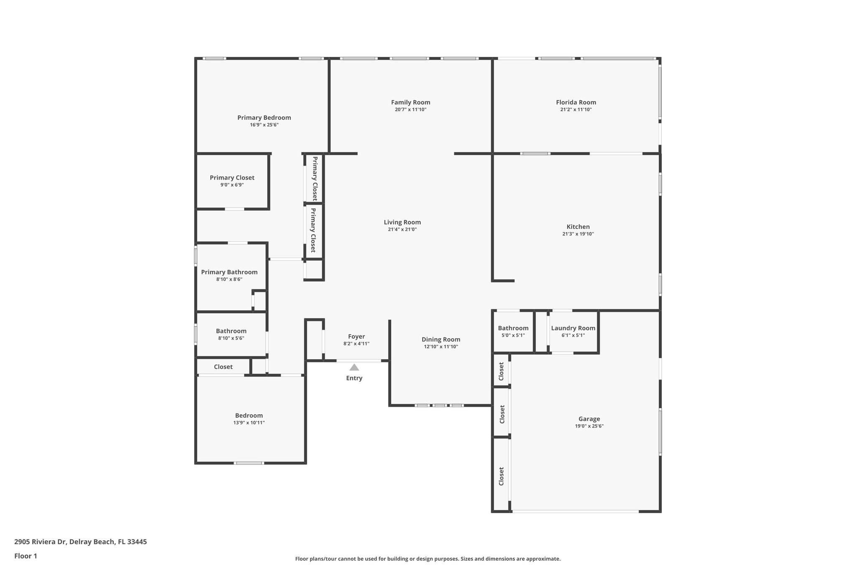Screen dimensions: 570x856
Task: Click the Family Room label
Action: pos(410,102)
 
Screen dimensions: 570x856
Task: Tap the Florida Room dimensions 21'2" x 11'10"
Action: pos(576,110)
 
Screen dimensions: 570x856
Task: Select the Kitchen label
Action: pos(578,227)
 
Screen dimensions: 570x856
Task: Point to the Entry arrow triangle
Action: pos(354,367)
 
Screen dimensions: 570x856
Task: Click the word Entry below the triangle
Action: pos(354,378)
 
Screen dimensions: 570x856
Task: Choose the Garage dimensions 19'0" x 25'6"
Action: pos(589,426)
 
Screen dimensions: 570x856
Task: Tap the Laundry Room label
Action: pos(573,328)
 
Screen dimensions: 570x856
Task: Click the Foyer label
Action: pos(356,337)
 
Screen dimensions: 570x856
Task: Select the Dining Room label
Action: pos(441,339)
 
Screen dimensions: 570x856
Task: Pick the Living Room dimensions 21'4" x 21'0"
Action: pos(402,230)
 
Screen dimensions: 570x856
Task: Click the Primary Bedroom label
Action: pos(264,118)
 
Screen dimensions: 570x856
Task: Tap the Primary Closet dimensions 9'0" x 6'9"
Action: pos(232,185)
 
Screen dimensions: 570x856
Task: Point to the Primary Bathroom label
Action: pos(229,272)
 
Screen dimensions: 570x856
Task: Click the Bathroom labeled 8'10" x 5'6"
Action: pos(231,331)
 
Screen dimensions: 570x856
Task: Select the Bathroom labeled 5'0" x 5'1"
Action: pos(513,328)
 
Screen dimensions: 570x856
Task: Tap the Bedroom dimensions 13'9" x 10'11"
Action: pos(249,423)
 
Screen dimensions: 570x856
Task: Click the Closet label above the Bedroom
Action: pos(223,367)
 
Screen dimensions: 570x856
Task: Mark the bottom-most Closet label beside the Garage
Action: pos(501,476)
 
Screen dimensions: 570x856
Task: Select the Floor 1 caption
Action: pos(25,556)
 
